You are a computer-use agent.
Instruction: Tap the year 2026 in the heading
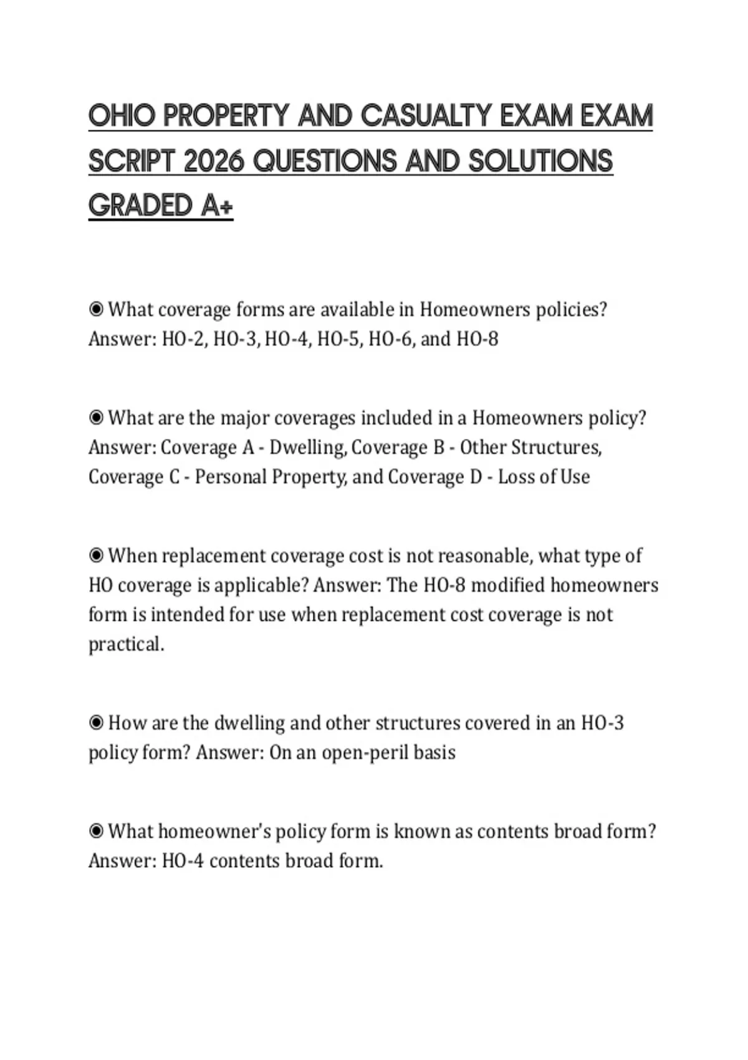coord(214,161)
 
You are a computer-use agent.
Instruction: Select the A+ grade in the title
coord(217,206)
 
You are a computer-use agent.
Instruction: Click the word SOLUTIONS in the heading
coord(540,161)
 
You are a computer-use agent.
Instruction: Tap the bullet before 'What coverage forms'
coord(96,309)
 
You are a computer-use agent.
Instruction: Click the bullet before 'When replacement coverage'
coord(96,555)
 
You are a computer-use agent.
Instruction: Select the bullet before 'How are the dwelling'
coord(96,723)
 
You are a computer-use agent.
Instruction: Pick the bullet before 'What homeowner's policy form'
coord(96,831)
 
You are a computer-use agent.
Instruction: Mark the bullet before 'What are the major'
coord(96,417)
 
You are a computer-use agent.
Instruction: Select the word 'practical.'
coord(127,644)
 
